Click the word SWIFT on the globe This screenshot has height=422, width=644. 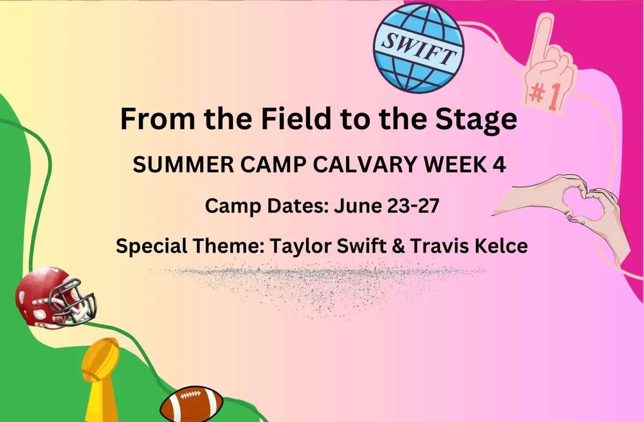[x=419, y=49]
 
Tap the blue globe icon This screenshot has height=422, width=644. [x=419, y=48]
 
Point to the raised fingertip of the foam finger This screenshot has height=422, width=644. [x=547, y=17]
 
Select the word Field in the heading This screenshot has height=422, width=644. [x=296, y=119]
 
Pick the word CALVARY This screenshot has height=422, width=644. [x=365, y=165]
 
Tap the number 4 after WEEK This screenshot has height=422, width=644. [x=500, y=165]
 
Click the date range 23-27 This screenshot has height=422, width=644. [x=413, y=206]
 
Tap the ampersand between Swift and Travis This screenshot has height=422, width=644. [x=398, y=246]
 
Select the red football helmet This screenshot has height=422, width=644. [x=56, y=297]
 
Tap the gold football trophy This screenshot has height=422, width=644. [x=101, y=380]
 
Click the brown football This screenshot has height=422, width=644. [x=191, y=404]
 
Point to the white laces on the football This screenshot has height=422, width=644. [x=190, y=395]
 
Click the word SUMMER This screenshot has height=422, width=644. [x=184, y=165]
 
